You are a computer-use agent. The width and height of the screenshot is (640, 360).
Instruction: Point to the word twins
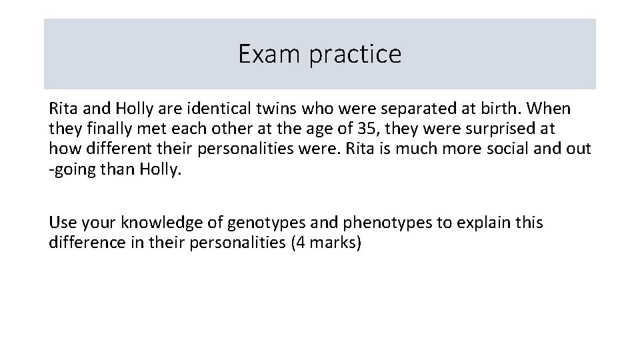click(x=274, y=108)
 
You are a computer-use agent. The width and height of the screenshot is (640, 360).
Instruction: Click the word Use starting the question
click(x=62, y=222)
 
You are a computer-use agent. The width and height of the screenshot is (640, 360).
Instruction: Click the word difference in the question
click(x=81, y=242)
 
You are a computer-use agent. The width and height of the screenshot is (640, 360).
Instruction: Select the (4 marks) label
click(x=326, y=242)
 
